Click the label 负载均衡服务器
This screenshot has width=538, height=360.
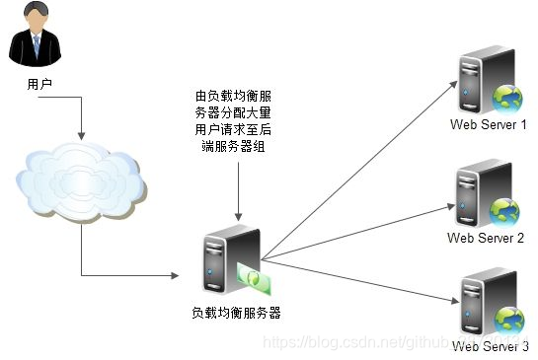pyautogui.click(x=236, y=314)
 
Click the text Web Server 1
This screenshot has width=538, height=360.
pyautogui.click(x=488, y=125)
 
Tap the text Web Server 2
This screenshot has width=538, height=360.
pyautogui.click(x=485, y=238)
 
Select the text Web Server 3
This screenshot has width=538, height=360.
pyautogui.click(x=491, y=347)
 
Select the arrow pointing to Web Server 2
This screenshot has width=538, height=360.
pyautogui.click(x=355, y=233)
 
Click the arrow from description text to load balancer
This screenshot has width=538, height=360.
pyautogui.click(x=237, y=187)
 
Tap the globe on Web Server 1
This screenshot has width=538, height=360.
pyautogui.click(x=506, y=97)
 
